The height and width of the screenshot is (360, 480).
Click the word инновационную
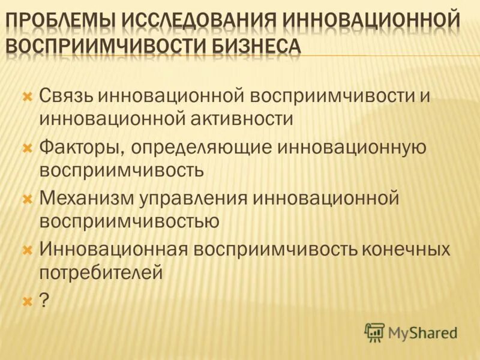pos(359,147)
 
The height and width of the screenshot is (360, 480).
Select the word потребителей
pos(101,272)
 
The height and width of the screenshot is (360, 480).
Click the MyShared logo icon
pos(374,332)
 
